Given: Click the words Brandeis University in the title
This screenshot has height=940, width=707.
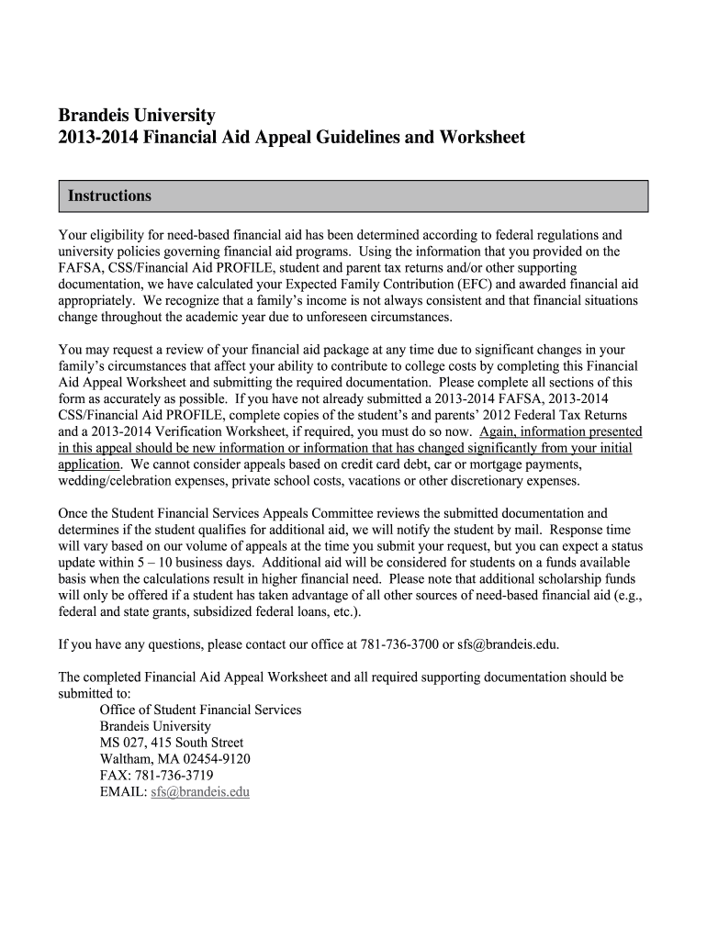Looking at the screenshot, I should (136, 116).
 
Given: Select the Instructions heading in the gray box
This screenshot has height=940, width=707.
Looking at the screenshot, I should (108, 196).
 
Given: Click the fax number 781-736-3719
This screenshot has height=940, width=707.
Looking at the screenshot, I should (174, 775).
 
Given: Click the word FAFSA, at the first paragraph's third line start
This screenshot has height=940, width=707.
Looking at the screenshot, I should (79, 268).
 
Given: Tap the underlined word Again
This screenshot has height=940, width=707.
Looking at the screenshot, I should (499, 432).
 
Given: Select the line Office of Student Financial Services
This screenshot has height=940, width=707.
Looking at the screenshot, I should (200, 710).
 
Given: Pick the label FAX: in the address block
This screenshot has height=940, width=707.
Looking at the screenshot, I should (115, 775).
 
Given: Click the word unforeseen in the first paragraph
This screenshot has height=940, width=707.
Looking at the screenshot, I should (323, 318).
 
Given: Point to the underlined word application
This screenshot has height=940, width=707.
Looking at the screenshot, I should (90, 464).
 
